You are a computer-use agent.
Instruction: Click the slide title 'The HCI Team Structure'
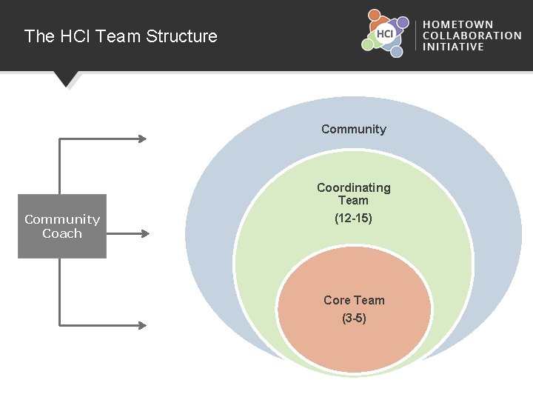tap(121, 36)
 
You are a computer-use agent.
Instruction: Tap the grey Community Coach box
tap(62, 226)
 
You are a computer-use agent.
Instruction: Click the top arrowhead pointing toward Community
tap(143, 139)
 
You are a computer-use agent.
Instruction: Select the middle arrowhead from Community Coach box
tap(145, 233)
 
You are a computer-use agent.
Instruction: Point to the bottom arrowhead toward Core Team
tap(143, 325)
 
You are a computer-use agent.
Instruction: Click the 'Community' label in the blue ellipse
tap(354, 130)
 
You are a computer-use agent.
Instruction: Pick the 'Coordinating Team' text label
tap(354, 194)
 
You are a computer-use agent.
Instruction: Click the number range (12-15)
tap(354, 219)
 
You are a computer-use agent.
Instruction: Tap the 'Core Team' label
tap(354, 300)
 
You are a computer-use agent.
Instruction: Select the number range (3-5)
tap(354, 319)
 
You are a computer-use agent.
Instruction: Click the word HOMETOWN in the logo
tap(458, 24)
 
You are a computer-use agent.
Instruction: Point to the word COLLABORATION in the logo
tap(472, 36)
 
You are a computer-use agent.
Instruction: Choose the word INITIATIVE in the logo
tap(453, 47)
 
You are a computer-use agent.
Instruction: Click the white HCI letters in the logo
tap(385, 33)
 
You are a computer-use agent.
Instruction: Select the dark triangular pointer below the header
tap(66, 78)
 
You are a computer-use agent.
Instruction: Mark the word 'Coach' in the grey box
tap(62, 233)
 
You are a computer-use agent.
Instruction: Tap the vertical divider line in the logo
tap(416, 36)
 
